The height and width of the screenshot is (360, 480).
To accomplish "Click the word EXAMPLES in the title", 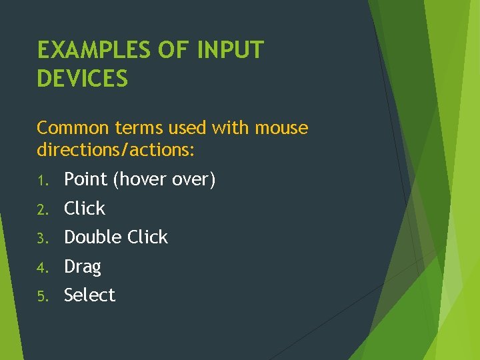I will (x=93, y=50).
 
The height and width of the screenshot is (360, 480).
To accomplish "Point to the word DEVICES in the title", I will (x=83, y=79).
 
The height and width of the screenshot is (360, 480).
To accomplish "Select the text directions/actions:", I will (x=116, y=150).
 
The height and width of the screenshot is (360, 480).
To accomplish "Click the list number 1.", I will (x=41, y=181).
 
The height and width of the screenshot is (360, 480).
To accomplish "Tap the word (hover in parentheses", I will (x=139, y=180).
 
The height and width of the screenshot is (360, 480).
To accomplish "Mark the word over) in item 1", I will (x=194, y=180).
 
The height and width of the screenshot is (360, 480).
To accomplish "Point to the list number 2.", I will (x=41, y=209).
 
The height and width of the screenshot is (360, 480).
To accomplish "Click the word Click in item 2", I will (x=85, y=209).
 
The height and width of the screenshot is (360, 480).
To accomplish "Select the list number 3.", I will (x=41, y=238).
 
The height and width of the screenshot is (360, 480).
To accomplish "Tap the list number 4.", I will (x=41, y=267).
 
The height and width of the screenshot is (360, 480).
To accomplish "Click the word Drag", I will (x=83, y=267).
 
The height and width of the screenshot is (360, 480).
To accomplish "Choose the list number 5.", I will (x=41, y=296).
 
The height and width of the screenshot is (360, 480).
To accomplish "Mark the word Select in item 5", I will (x=90, y=295).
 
